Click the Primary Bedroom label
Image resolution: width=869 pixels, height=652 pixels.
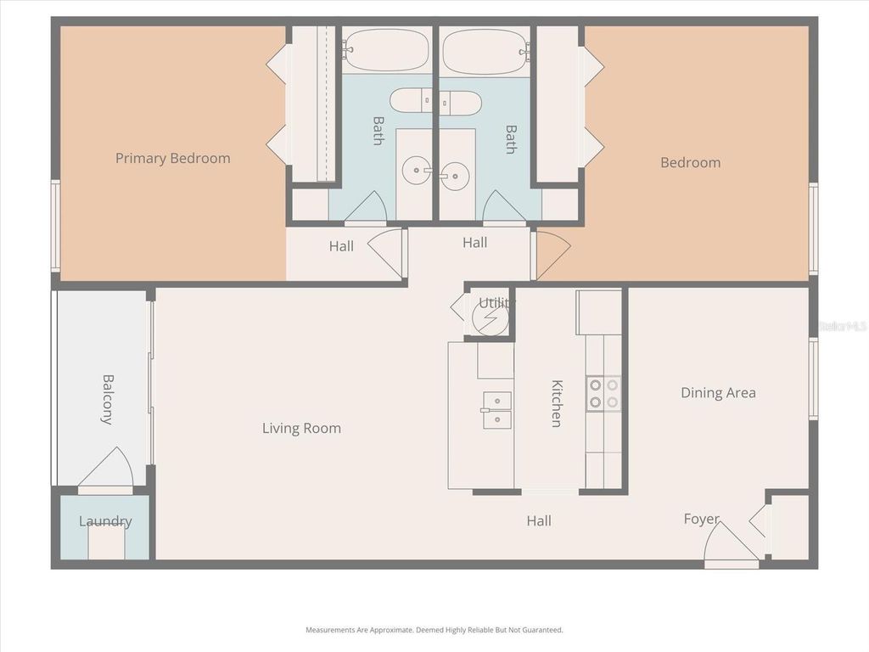point(172,158)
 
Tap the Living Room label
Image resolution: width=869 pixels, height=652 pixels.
point(301,428)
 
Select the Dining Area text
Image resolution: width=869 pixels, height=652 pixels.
point(718,392)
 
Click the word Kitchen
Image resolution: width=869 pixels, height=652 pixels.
point(557,403)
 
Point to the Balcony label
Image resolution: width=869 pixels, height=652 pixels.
point(108,399)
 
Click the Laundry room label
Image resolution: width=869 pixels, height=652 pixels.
point(105,521)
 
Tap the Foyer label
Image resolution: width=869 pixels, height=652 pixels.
point(701,519)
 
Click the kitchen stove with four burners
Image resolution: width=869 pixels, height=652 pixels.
point(603,393)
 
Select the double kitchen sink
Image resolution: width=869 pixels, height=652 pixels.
point(496,410)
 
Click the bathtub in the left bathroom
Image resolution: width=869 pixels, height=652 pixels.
point(387,50)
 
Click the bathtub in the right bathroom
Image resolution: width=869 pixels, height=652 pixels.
point(485,52)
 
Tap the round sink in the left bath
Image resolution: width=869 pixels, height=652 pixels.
point(416,171)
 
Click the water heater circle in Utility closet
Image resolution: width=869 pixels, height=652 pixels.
point(491,319)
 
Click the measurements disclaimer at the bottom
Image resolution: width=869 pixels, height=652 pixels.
point(434,630)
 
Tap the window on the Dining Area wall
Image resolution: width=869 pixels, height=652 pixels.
point(812,379)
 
